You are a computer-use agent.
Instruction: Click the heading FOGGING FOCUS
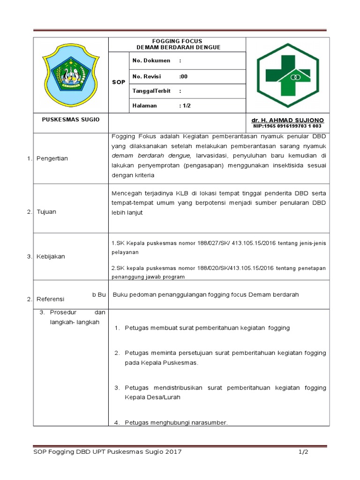[x=178, y=41]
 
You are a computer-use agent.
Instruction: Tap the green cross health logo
[x=288, y=75]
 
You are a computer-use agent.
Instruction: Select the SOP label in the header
[x=119, y=82]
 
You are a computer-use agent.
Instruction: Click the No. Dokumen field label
[x=151, y=61]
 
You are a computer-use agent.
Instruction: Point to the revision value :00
[x=183, y=76]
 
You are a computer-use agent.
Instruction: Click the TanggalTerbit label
[x=151, y=91]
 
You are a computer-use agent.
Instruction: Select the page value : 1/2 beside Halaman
[x=185, y=105]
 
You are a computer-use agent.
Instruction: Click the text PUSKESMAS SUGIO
[x=70, y=120]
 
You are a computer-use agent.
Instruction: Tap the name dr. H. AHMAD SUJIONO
[x=287, y=120]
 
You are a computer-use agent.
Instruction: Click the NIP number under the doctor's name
[x=287, y=126]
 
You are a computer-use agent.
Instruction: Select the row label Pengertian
[x=52, y=158]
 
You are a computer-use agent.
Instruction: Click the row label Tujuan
[x=46, y=212]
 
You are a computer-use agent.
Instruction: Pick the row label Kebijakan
[x=51, y=256]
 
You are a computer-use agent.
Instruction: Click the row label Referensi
[x=51, y=299]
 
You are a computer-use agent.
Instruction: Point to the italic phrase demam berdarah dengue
[x=150, y=155]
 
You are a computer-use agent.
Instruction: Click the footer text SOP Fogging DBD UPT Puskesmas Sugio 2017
[x=107, y=452]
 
